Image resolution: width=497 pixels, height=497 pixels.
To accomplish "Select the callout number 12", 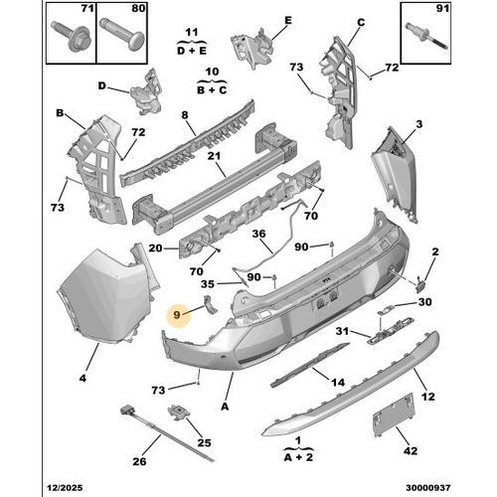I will [x=428, y=397].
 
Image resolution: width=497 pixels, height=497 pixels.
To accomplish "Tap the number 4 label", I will [x=83, y=378].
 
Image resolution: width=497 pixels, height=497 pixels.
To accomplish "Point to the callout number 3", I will [x=419, y=124].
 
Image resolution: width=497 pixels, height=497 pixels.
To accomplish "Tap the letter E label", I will [x=287, y=20].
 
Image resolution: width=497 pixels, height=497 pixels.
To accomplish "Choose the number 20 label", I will [x=155, y=248].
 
